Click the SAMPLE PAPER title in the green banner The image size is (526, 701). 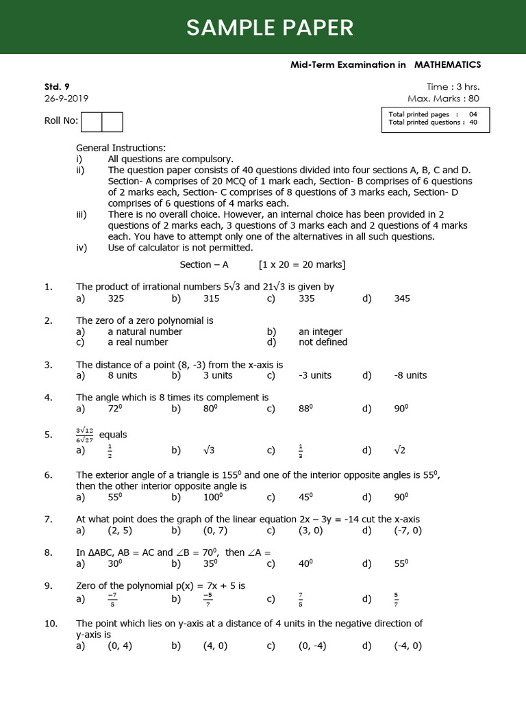point(270,27)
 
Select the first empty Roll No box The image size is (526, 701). point(91,122)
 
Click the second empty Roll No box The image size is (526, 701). point(112,122)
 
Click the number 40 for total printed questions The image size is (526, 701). point(473,123)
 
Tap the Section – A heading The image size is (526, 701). point(204,264)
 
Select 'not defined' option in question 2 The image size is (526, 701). point(323,342)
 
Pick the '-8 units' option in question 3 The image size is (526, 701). point(410,375)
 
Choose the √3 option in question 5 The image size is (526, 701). point(210,450)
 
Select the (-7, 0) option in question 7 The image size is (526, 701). point(408,531)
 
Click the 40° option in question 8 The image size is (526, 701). point(306,563)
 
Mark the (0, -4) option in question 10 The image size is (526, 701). point(312,646)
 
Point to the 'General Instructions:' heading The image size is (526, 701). point(121,148)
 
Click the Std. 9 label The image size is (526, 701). point(57,86)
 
